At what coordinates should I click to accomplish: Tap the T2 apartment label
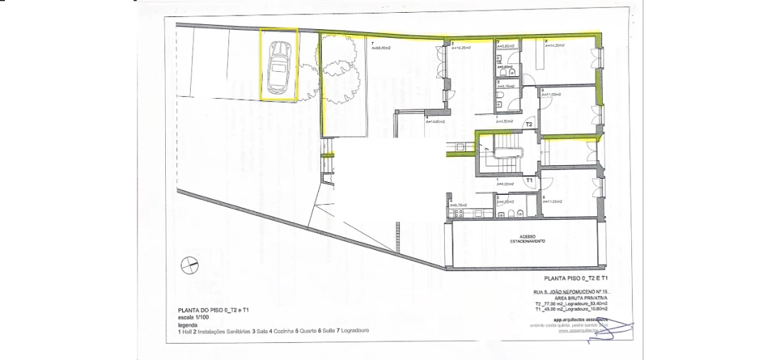[x=529, y=124]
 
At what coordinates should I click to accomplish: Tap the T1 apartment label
[x=529, y=181]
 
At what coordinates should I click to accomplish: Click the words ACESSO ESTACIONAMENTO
[x=526, y=239]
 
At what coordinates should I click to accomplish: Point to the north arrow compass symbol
[x=189, y=264]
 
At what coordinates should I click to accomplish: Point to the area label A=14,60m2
[x=435, y=122]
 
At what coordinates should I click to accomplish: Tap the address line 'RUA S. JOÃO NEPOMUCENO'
[x=571, y=292]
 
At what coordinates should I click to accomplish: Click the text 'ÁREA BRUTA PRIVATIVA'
[x=574, y=297]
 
